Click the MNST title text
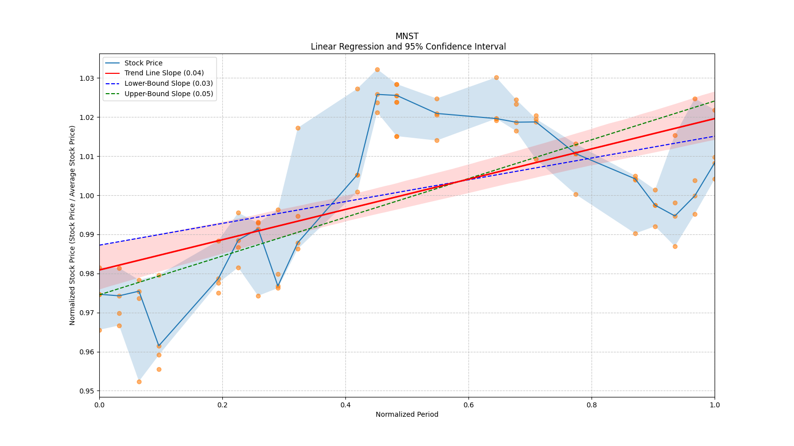click(x=407, y=36)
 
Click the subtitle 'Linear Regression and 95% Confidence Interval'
click(x=408, y=47)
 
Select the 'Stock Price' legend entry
click(x=143, y=63)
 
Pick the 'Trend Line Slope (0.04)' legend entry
click(x=164, y=73)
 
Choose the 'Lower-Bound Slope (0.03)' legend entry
click(x=168, y=83)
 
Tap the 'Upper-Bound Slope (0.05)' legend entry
click(x=169, y=94)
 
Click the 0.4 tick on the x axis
click(x=345, y=405)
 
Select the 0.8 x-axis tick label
click(x=592, y=405)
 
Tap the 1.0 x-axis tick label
click(x=715, y=405)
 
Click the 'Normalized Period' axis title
click(x=407, y=414)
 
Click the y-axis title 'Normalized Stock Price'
click(x=72, y=225)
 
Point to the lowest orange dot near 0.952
click(x=139, y=382)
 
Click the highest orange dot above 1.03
click(x=377, y=70)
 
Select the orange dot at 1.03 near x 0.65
click(x=496, y=78)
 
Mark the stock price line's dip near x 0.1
click(x=159, y=345)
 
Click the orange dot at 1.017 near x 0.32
click(x=298, y=128)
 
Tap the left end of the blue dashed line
click(x=100, y=245)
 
